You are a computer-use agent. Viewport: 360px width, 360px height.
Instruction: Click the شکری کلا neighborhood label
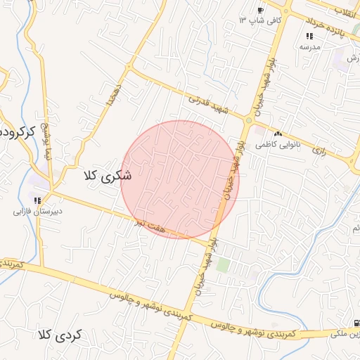[108, 176]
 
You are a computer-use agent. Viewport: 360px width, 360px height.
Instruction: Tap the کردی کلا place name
[60, 335]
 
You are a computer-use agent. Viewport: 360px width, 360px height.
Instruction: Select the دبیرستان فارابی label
[38, 210]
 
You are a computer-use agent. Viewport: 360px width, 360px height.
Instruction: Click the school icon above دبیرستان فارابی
[37, 200]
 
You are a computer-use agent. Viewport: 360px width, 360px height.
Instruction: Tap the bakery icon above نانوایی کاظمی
[278, 134]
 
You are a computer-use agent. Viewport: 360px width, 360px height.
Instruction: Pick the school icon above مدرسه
[309, 36]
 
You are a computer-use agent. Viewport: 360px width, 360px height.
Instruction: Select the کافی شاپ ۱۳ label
[261, 20]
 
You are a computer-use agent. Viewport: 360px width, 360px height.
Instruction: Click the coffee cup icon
[260, 11]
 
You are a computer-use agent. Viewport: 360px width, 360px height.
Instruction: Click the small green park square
[223, 265]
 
